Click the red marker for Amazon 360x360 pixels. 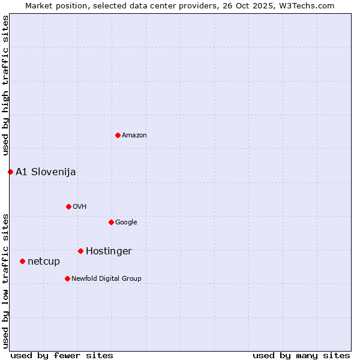118,135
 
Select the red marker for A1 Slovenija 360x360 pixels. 10,172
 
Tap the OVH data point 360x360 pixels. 68,206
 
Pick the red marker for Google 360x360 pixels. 111,222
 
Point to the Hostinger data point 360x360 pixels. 80,251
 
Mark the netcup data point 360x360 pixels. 22,261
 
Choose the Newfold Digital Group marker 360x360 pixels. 67,278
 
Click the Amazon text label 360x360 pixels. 134,135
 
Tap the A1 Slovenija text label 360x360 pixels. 46,172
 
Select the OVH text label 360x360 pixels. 80,206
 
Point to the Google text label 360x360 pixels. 126,222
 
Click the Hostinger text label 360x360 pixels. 109,251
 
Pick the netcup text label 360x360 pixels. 44,261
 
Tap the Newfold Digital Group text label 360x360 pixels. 106,278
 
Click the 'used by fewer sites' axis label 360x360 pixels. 62,355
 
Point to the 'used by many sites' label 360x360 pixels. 301,355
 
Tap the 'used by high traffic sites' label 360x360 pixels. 5,85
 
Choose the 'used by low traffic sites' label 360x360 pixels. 5,280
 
